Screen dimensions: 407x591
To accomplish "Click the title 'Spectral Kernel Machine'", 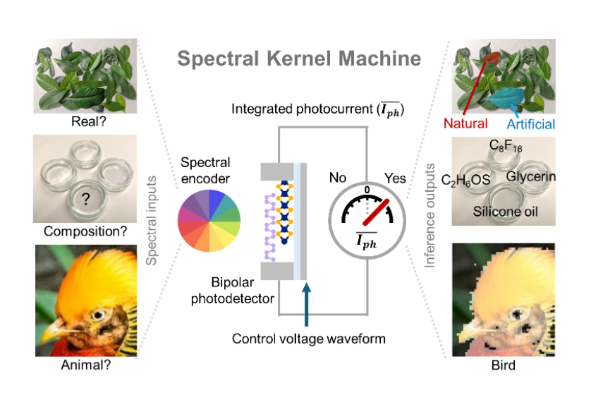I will pos(299,59).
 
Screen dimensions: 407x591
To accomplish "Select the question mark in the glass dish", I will pos(86,200).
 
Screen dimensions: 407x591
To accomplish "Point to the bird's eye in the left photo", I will pos(97,315).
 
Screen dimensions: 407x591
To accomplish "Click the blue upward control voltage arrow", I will pos(306,303).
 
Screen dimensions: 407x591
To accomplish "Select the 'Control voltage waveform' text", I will pos(309,339).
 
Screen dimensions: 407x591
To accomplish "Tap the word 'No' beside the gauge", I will pos(337,178).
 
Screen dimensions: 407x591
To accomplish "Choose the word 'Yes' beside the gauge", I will pos(394,178).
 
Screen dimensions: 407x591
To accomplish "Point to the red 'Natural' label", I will pos(465,124).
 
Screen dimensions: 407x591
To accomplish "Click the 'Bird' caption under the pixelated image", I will pos(502,365).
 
